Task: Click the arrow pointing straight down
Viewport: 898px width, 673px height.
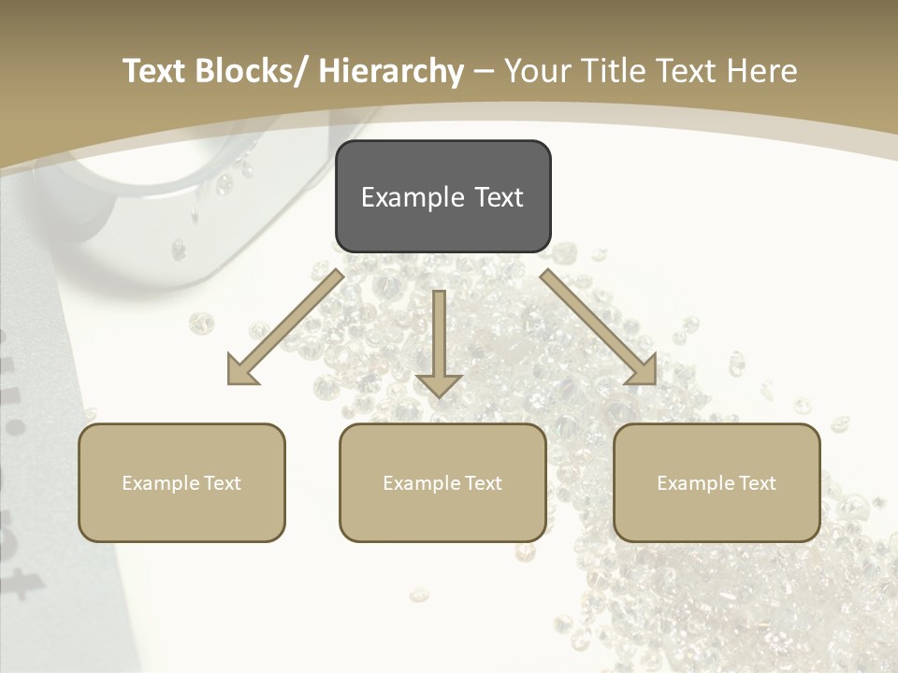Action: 439,342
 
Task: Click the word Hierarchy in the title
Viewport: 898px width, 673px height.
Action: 391,71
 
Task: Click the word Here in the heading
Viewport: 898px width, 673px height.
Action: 761,71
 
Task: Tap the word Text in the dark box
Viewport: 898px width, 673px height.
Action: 499,197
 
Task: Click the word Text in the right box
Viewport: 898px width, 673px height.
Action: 756,483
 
